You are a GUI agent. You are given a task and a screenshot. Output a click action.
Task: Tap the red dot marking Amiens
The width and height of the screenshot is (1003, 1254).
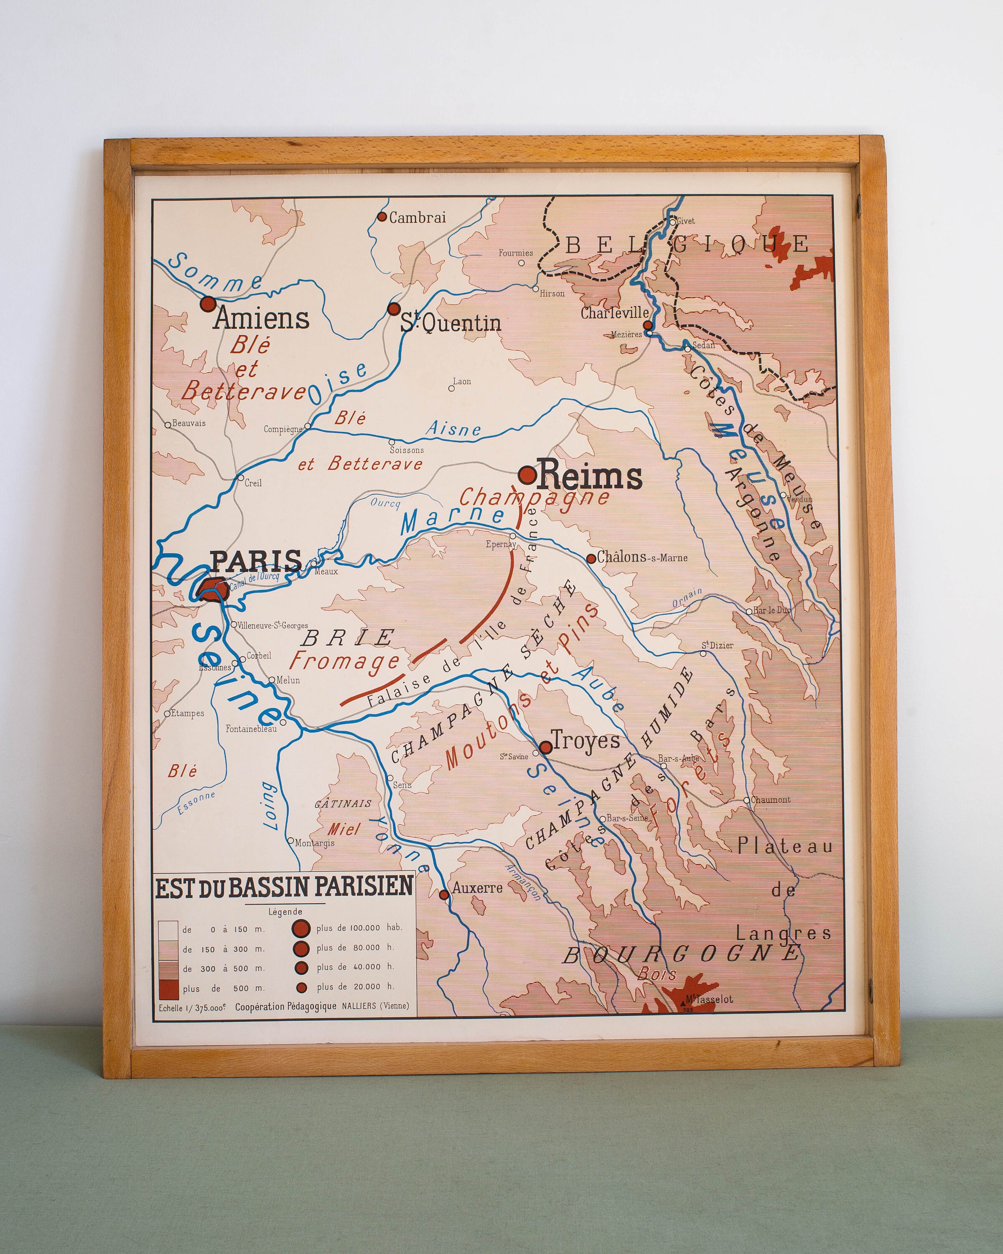tap(208, 303)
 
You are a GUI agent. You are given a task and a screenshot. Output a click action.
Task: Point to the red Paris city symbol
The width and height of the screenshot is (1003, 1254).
tap(212, 589)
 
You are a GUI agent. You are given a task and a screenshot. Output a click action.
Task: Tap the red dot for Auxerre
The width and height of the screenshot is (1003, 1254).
tap(444, 895)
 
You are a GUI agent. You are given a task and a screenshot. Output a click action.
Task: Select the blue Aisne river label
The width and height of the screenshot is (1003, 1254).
tap(453, 429)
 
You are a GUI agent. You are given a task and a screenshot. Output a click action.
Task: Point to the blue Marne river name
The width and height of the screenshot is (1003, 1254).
tap(452, 517)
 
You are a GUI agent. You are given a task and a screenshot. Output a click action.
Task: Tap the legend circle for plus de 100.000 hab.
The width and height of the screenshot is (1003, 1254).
tap(300, 928)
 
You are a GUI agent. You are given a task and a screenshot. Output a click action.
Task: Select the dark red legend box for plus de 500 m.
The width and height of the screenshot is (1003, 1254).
tap(168, 989)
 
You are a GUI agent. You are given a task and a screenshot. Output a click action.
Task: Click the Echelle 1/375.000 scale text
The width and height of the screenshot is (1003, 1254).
tap(192, 1008)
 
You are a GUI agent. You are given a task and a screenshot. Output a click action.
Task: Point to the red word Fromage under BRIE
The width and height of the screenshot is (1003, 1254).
tap(344, 661)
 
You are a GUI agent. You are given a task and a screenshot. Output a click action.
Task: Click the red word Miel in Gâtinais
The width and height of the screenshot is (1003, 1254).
tap(343, 829)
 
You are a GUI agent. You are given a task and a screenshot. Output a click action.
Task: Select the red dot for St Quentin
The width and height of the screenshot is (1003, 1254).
tap(394, 308)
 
